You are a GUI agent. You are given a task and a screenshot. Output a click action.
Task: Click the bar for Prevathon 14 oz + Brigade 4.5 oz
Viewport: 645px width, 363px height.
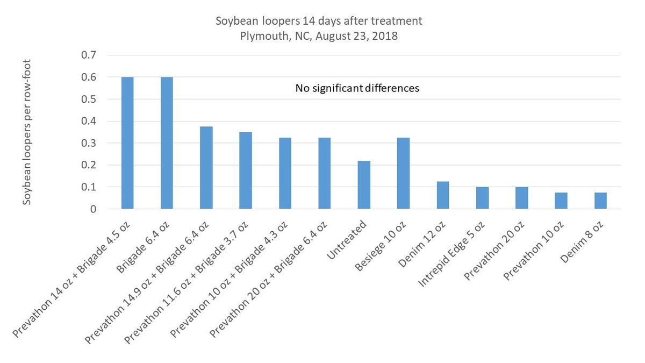(127, 143)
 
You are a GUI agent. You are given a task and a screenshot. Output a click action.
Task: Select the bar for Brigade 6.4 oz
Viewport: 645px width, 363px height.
(167, 143)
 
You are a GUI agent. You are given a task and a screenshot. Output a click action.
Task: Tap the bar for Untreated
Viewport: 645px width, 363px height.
(364, 185)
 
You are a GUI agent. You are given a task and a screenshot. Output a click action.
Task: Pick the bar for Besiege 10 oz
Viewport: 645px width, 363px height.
(403, 173)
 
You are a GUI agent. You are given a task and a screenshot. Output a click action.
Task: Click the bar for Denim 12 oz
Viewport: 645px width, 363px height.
(443, 195)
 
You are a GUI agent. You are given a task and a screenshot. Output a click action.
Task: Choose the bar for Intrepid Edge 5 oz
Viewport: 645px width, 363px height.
(482, 198)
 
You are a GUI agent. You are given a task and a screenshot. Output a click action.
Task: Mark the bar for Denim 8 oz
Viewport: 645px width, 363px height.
(600, 201)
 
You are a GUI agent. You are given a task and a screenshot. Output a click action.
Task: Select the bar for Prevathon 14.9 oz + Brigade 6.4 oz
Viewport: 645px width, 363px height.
(206, 168)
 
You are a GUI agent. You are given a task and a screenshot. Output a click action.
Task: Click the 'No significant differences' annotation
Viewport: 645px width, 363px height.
(357, 88)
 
